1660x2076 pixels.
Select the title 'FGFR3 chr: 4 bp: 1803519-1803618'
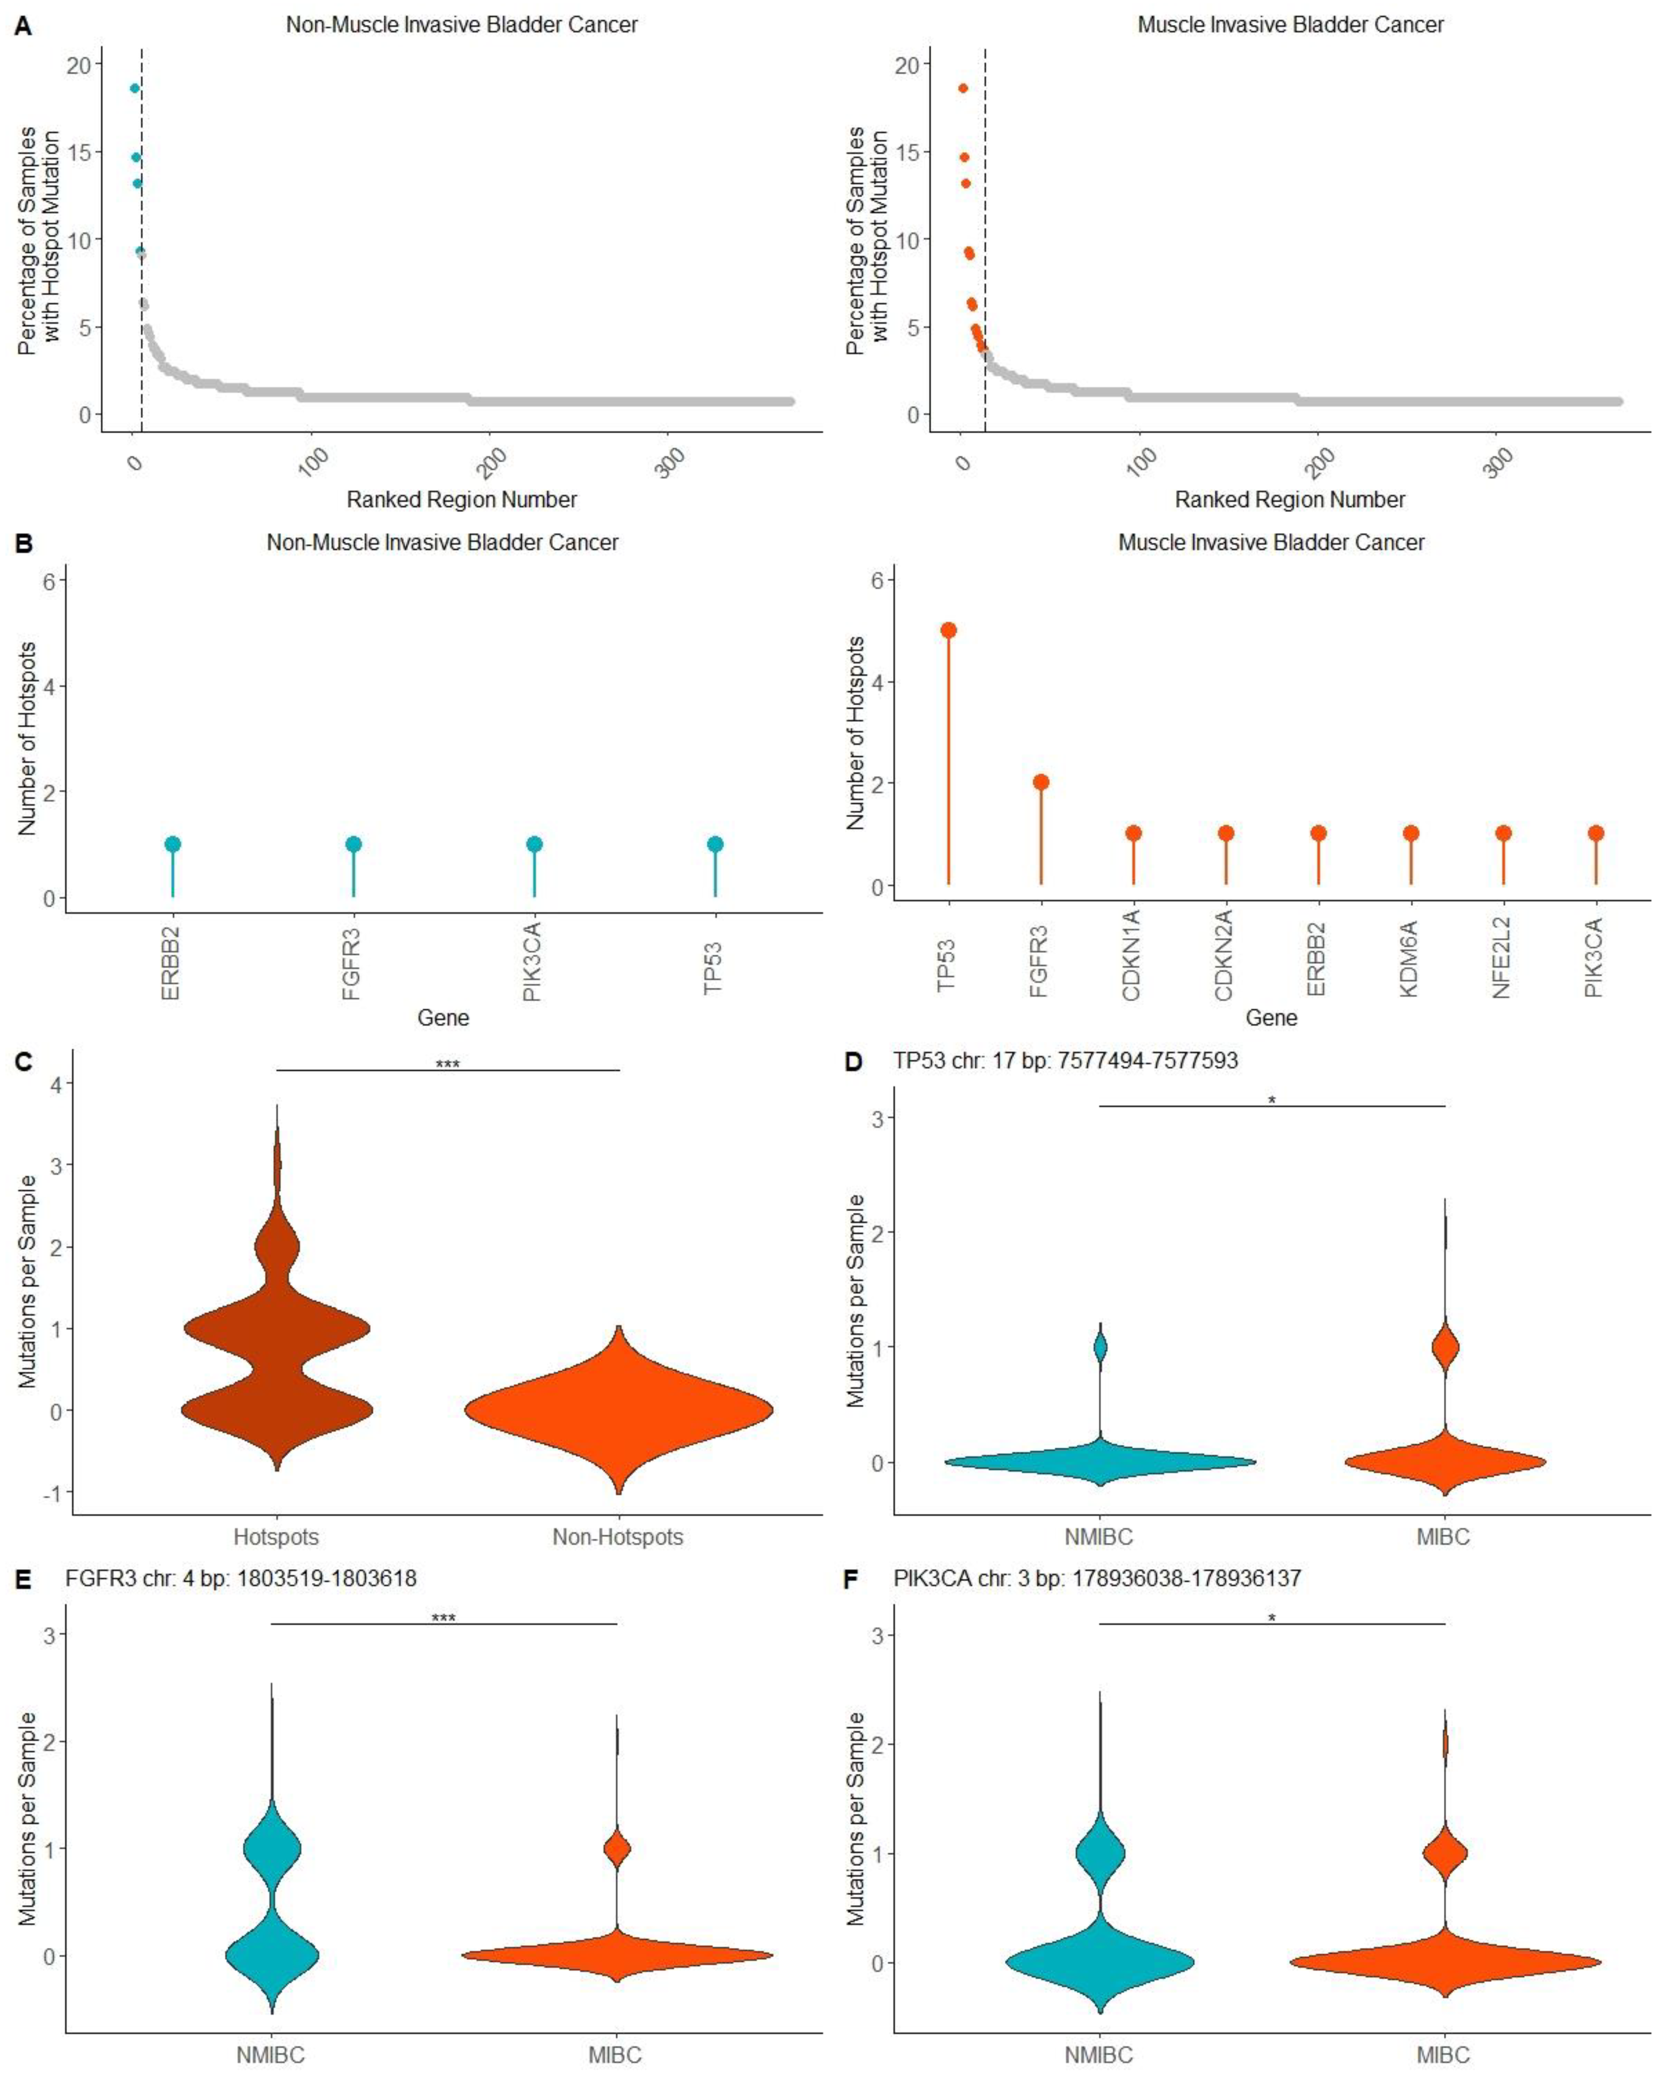coord(241,1578)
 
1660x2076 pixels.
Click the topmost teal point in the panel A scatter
coord(135,89)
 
